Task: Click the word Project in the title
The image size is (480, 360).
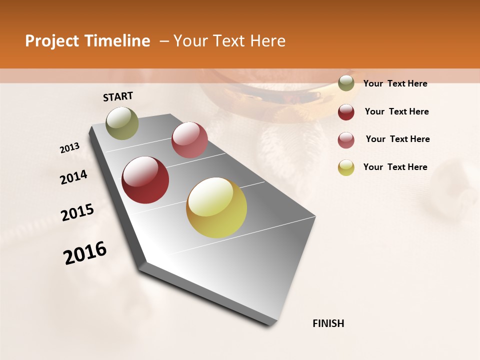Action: (x=51, y=41)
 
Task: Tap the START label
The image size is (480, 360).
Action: (x=118, y=96)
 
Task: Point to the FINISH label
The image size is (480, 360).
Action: (x=328, y=323)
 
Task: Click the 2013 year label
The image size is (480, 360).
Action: (x=70, y=148)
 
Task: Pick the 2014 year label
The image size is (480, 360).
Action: (x=73, y=177)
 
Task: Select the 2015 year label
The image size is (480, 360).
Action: (x=77, y=212)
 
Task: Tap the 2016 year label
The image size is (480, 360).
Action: (x=85, y=253)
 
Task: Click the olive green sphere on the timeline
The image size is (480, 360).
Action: (x=122, y=123)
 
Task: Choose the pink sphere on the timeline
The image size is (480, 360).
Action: (x=189, y=140)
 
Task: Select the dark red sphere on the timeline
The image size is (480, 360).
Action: (x=145, y=180)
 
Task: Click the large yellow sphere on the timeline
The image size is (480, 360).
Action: (x=216, y=207)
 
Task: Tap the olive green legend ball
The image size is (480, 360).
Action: (x=346, y=83)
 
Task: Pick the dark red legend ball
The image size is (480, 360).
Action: (x=346, y=112)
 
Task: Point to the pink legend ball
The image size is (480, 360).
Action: (x=346, y=140)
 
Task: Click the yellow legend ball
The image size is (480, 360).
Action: (x=346, y=167)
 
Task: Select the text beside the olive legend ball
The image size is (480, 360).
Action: (x=395, y=83)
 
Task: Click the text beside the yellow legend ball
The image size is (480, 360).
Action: (x=395, y=167)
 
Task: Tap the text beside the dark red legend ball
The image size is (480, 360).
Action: (x=396, y=111)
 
